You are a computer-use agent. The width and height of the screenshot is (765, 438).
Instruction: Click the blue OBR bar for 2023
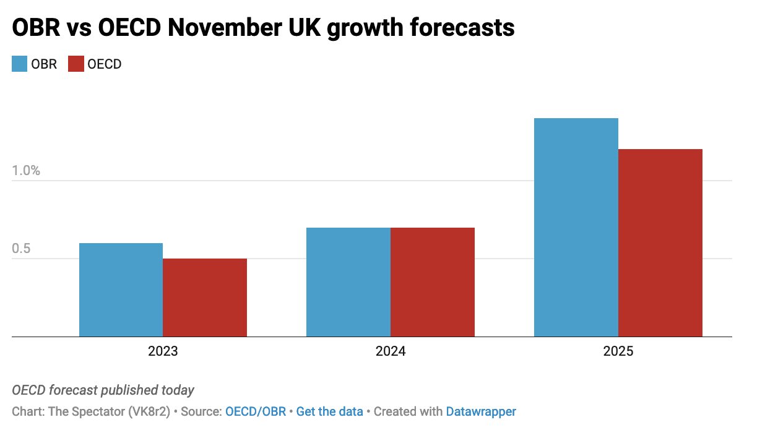[x=121, y=290]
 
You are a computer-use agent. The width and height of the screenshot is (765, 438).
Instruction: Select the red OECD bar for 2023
[x=205, y=298]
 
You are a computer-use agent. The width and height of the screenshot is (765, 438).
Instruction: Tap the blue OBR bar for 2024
[x=348, y=282]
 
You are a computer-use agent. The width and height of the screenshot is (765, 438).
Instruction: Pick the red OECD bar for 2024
[x=433, y=282]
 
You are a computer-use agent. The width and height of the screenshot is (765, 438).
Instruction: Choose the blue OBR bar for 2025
[x=576, y=227]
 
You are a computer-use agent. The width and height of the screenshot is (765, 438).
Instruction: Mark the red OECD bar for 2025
[x=660, y=243]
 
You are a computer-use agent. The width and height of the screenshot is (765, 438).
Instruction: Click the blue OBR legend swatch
[x=20, y=64]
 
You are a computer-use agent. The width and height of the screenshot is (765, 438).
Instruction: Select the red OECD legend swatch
[x=76, y=64]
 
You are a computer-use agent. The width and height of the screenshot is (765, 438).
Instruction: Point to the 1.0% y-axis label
[x=26, y=171]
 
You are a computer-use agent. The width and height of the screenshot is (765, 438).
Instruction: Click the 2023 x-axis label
[x=163, y=351]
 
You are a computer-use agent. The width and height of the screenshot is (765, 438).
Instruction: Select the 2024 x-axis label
[x=391, y=351]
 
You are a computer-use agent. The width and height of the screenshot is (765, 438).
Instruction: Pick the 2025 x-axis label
[x=618, y=351]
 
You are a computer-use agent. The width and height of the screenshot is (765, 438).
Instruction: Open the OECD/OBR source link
[x=256, y=411]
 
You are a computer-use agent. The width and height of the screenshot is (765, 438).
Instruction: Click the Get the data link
[x=330, y=411]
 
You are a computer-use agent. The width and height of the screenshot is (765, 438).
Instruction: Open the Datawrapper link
[x=481, y=411]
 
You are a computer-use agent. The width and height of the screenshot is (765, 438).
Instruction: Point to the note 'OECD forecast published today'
[x=103, y=390]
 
